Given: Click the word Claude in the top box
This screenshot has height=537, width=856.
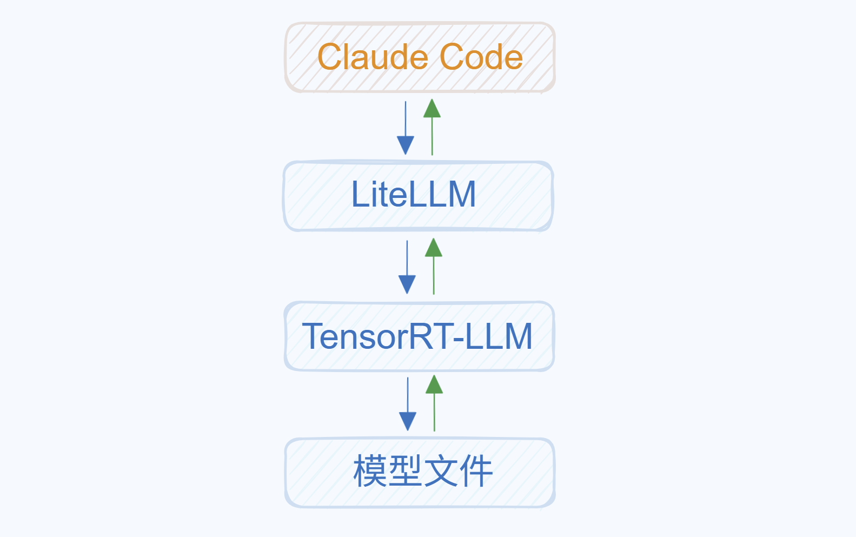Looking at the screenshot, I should (x=373, y=57).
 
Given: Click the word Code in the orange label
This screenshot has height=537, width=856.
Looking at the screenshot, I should (x=481, y=57).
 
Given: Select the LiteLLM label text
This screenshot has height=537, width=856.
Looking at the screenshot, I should (x=414, y=195).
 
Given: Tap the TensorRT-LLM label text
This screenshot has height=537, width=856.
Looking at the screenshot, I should (x=417, y=336).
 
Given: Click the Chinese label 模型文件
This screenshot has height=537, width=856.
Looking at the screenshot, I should (x=423, y=471).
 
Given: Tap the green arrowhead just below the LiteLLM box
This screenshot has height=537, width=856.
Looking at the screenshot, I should (x=434, y=248).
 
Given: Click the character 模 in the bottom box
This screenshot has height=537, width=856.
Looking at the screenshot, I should (x=370, y=471).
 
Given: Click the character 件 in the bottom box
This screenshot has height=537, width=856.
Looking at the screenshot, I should (x=476, y=471).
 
